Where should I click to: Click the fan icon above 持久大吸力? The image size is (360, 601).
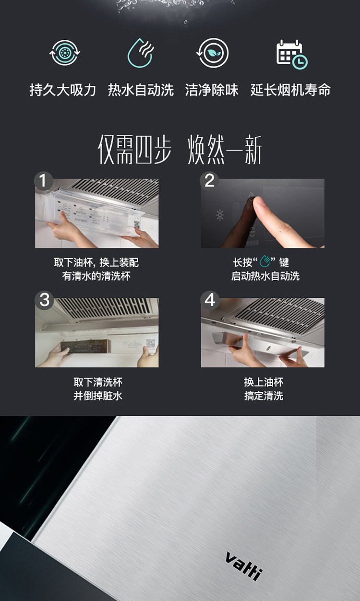pos(65,53)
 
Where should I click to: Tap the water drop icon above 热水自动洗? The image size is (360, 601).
pos(141,53)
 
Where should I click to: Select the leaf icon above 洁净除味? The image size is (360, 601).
pos(212,53)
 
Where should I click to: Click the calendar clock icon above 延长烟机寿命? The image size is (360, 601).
pos(292,55)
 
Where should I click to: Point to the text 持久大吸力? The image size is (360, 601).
pos(63,90)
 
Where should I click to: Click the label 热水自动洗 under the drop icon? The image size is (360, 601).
pos(141,90)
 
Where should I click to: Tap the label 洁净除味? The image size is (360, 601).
pos(212,90)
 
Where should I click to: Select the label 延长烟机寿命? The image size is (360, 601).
pos(290,90)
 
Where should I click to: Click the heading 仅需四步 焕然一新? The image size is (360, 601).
pos(180,149)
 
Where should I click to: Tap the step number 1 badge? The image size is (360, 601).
pos(43,180)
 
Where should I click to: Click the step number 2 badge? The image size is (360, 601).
pos(209,180)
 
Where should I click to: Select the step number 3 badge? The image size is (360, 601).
pos(44,300)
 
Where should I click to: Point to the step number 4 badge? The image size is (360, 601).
pos(210,300)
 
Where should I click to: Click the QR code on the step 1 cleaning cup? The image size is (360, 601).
pos(137,224)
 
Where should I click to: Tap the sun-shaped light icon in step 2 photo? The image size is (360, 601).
pos(220,215)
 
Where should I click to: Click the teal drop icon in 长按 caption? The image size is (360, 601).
pos(264,261)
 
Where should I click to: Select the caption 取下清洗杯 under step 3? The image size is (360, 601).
pos(98,382)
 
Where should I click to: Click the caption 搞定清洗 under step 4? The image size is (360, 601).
pos(264,396)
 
